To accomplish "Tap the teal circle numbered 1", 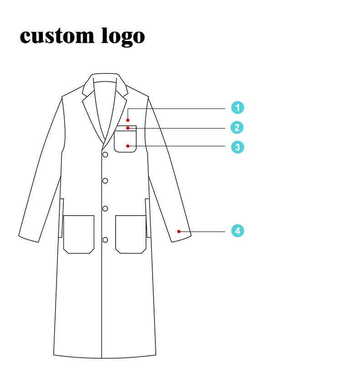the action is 237,108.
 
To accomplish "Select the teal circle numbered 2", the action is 237,128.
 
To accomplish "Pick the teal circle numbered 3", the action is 237,147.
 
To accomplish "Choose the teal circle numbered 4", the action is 237,231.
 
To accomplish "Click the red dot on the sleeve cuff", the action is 179,232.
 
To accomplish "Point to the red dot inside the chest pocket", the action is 128,146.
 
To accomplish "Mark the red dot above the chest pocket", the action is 128,120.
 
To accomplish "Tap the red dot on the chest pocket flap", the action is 128,128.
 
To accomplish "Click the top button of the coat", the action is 105,155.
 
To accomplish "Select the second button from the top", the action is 105,181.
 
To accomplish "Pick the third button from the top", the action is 105,209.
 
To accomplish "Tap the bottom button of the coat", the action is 105,240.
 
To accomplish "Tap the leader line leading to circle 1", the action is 182,108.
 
